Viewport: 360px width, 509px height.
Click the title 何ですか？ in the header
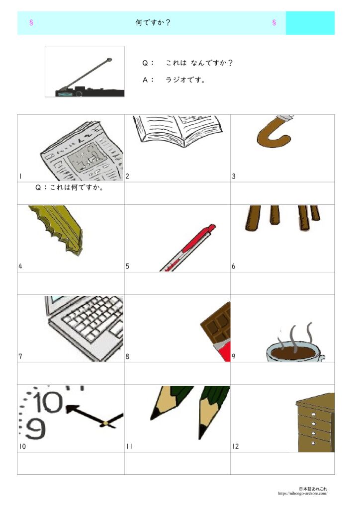pos(153,23)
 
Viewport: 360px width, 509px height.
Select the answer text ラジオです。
pos(185,80)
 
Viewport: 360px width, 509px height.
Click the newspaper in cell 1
pos(82,151)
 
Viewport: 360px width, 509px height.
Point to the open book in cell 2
pos(178,130)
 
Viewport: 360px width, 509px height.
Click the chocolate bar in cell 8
pos(216,331)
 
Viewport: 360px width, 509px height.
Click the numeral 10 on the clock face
pos(48,402)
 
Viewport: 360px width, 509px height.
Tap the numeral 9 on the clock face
pos(35,429)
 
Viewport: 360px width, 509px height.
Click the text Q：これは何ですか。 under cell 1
pos(69,187)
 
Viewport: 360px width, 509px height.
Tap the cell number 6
pos(233,266)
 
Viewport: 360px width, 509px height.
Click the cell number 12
pos(235,447)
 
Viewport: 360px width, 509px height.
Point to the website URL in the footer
pos(302,494)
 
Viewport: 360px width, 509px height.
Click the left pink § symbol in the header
pos(31,22)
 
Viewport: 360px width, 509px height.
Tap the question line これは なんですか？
pos(199,63)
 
